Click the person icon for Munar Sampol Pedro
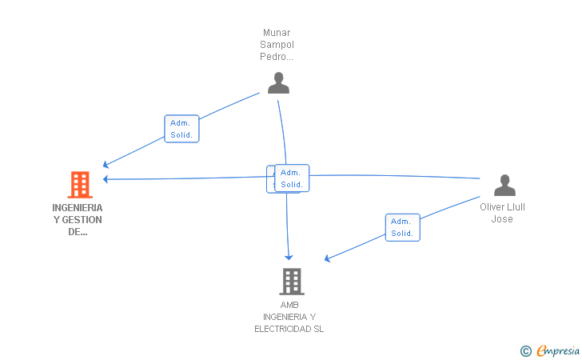click(278, 83)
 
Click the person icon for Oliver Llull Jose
click(504, 186)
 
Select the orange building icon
click(79, 185)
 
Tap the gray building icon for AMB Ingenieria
click(292, 282)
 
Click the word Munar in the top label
click(277, 33)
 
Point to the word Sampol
click(277, 45)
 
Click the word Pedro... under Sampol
click(277, 57)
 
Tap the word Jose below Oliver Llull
click(502, 219)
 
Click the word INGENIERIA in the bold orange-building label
click(78, 207)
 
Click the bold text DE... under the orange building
click(78, 232)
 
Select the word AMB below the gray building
click(289, 305)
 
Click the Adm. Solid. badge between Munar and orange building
click(181, 129)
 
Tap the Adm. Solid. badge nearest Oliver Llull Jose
click(402, 227)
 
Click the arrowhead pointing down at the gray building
click(289, 256)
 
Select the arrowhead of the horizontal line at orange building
click(106, 179)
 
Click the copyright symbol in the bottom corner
click(525, 350)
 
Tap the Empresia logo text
click(558, 350)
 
